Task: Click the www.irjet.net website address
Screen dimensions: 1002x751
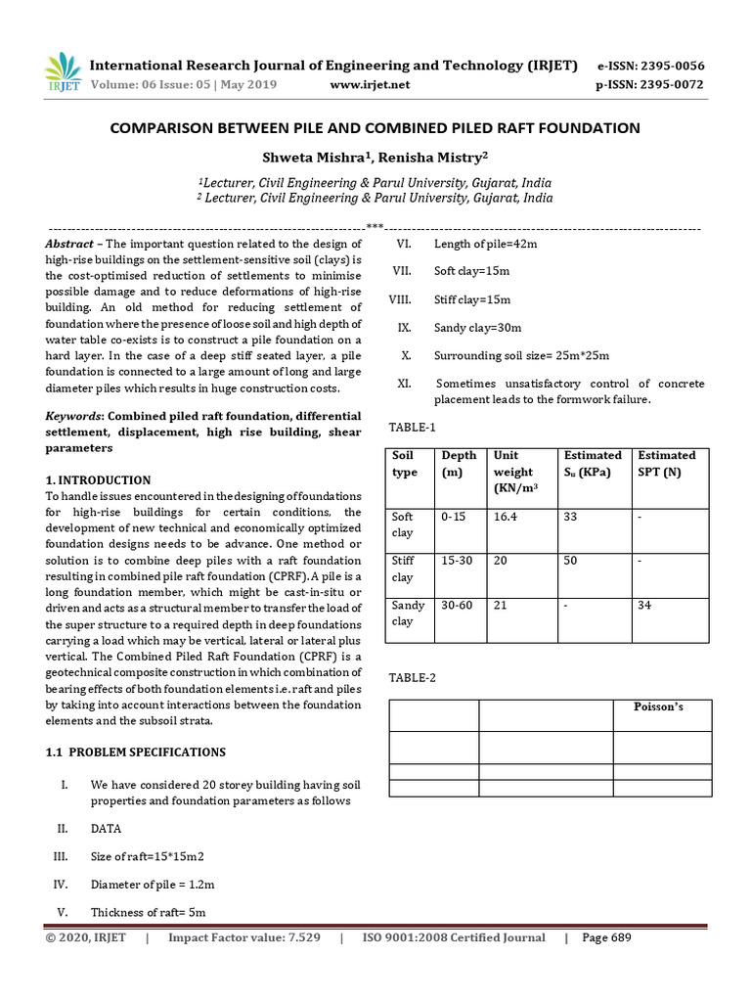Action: point(371,84)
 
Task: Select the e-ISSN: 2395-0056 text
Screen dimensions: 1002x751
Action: point(650,66)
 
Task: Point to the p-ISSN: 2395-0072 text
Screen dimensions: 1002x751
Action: point(650,84)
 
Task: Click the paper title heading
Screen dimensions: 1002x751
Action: point(375,128)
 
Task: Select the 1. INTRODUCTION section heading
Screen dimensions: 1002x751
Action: point(99,480)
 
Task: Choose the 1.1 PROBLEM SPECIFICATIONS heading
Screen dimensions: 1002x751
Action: point(136,752)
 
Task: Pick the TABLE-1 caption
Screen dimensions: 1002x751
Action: point(412,428)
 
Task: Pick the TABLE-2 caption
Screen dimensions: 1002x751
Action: point(412,677)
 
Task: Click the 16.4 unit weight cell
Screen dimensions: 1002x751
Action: point(506,517)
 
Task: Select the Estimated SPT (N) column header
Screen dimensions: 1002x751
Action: point(667,464)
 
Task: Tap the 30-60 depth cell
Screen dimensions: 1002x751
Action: point(457,605)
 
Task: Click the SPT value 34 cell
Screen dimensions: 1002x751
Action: point(644,605)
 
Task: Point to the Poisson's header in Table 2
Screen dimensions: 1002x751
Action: point(646,707)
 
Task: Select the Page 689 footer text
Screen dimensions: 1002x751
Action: point(606,938)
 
